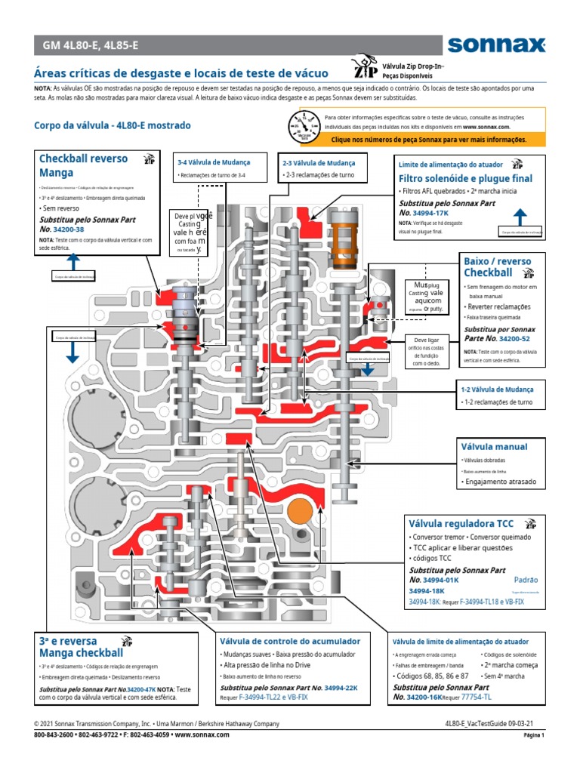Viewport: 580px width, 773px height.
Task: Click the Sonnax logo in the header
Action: pos(495,45)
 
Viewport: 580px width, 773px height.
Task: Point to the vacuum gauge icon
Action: pos(306,125)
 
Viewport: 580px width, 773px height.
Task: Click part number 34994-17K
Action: pos(437,214)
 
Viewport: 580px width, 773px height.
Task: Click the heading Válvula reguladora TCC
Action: pos(461,522)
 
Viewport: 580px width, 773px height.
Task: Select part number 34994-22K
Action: pos(341,688)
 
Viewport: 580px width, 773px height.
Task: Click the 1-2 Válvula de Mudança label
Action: pos(498,390)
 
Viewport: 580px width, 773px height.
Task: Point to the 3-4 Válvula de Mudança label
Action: pos(213,162)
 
